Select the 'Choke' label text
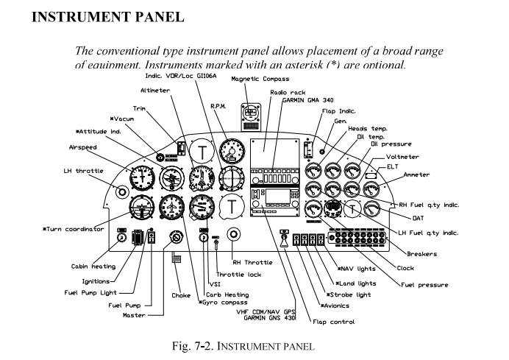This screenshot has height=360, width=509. click(x=182, y=295)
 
